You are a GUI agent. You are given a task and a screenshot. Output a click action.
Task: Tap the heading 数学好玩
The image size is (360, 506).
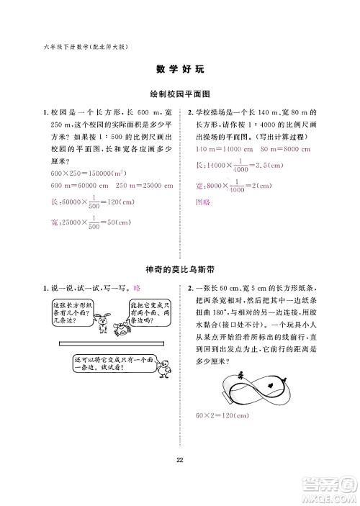tap(180, 70)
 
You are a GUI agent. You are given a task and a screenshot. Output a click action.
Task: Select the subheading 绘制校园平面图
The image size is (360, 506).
tap(179, 94)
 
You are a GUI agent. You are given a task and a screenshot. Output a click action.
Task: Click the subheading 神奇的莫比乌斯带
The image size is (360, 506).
tap(180, 269)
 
